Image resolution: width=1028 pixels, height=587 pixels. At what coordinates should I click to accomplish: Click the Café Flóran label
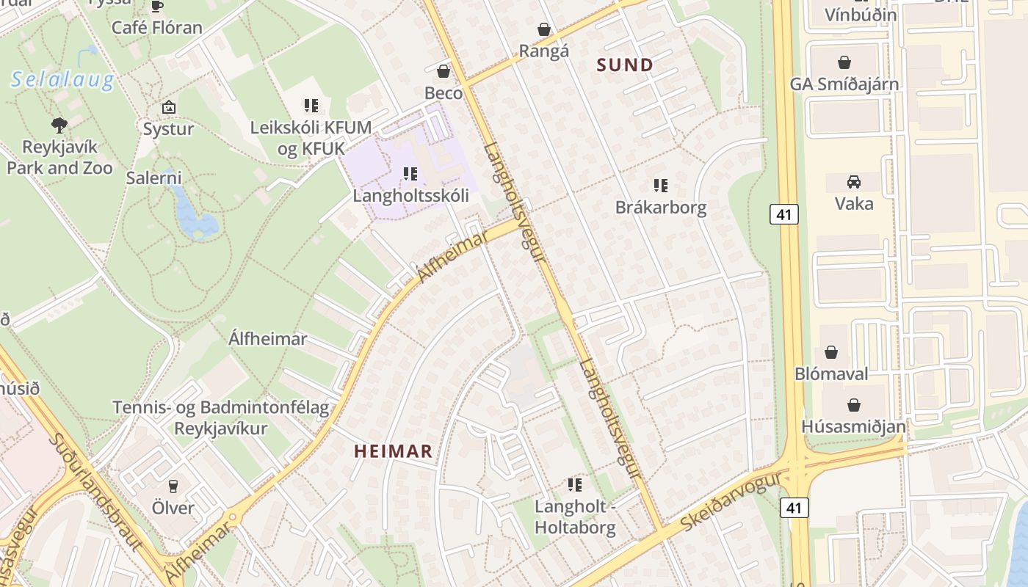pyautogui.click(x=156, y=28)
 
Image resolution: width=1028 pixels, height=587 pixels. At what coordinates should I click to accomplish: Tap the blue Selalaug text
pyautogui.click(x=62, y=80)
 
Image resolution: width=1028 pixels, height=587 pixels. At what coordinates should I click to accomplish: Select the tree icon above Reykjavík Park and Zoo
pyautogui.click(x=59, y=125)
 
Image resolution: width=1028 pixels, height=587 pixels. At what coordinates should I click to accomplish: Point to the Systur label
pyautogui.click(x=168, y=129)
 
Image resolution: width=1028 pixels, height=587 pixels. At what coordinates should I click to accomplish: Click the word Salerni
pyautogui.click(x=153, y=178)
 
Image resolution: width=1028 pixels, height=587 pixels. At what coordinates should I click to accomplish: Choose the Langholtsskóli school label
pyautogui.click(x=410, y=196)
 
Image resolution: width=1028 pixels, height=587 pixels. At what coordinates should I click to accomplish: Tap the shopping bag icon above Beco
pyautogui.click(x=443, y=71)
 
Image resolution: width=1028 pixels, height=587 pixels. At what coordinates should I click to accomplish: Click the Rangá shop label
pyautogui.click(x=544, y=51)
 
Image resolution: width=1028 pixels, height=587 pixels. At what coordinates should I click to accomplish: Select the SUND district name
pyautogui.click(x=625, y=65)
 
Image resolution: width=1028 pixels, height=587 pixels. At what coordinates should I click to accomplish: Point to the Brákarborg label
pyautogui.click(x=661, y=207)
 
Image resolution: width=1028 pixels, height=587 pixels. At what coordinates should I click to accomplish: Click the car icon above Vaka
pyautogui.click(x=853, y=181)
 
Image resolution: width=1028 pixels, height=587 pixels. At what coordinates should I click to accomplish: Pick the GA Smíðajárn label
pyautogui.click(x=844, y=84)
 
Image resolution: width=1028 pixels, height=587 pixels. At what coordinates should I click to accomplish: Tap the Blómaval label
pyautogui.click(x=831, y=373)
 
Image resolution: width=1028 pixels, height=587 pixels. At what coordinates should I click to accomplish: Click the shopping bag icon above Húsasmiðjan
pyautogui.click(x=853, y=405)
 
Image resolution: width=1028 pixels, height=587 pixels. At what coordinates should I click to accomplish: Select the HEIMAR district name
pyautogui.click(x=394, y=451)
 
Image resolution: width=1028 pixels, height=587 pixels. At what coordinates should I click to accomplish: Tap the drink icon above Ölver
pyautogui.click(x=173, y=486)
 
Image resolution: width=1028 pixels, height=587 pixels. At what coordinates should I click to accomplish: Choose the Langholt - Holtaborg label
pyautogui.click(x=574, y=517)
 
